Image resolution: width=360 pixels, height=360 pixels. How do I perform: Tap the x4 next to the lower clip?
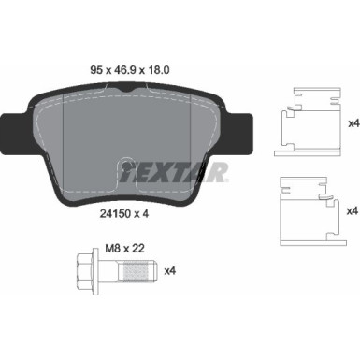click(x=352, y=212)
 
